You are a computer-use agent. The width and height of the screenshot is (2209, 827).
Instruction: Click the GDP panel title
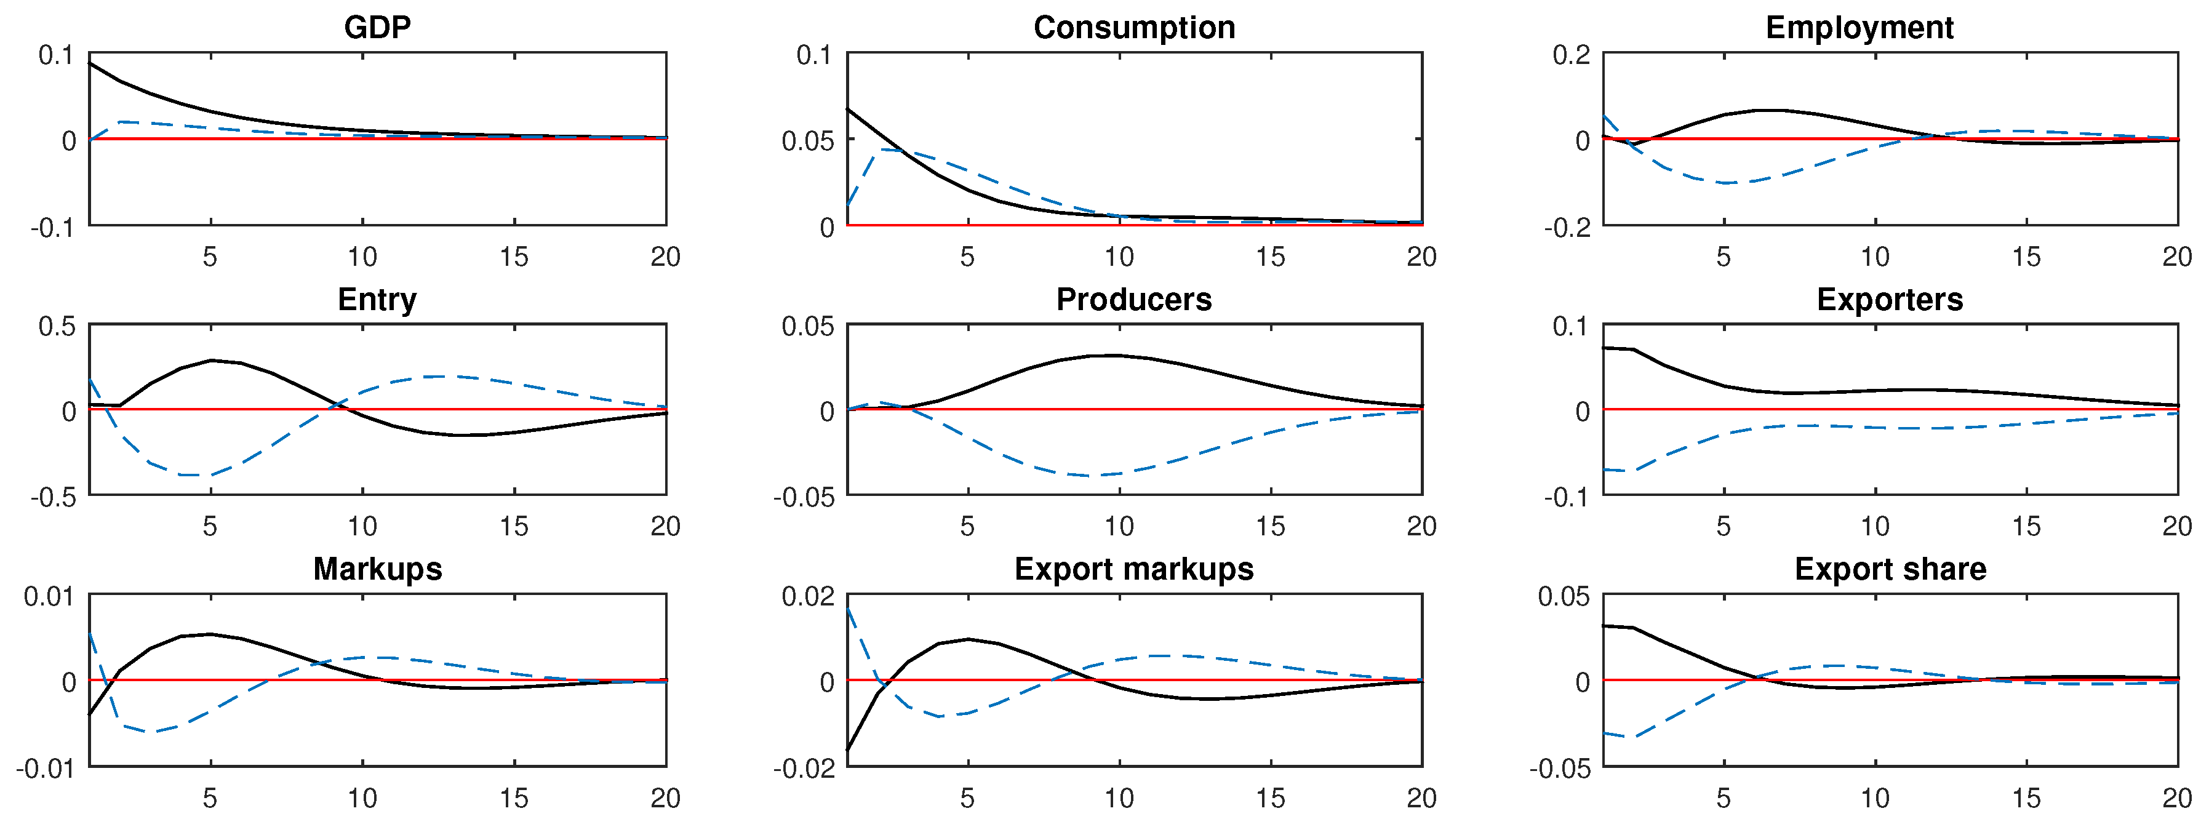coord(377,28)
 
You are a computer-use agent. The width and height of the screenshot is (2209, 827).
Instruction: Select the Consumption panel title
coord(1133,28)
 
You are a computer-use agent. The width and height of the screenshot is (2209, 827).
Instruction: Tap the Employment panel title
coord(1859,28)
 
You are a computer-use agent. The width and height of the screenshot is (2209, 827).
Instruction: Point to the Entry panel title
coord(377,300)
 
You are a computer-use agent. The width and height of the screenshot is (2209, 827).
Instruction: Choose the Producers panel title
coord(1133,300)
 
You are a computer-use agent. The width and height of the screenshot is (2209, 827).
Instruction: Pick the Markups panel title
coord(377,569)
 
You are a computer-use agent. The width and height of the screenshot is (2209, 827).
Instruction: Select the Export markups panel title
coord(1133,569)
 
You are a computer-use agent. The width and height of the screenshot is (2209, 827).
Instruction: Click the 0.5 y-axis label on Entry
coord(57,326)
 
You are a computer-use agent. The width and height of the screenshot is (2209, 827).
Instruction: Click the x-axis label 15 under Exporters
coord(2026,527)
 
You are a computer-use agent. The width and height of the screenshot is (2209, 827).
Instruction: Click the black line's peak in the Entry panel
coord(212,361)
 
